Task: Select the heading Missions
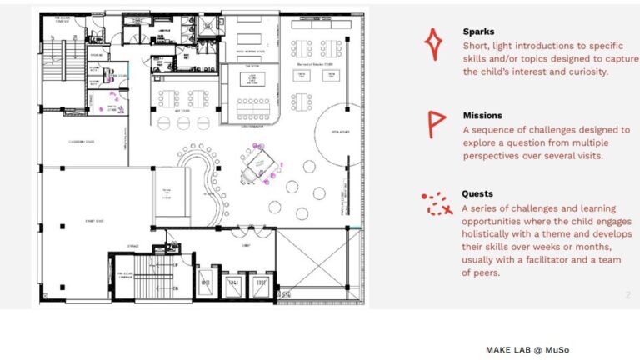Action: [482, 116]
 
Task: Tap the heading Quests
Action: [477, 194]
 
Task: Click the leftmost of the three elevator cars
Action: [207, 283]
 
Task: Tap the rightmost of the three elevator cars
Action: [262, 283]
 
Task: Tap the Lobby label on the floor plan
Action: [247, 247]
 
